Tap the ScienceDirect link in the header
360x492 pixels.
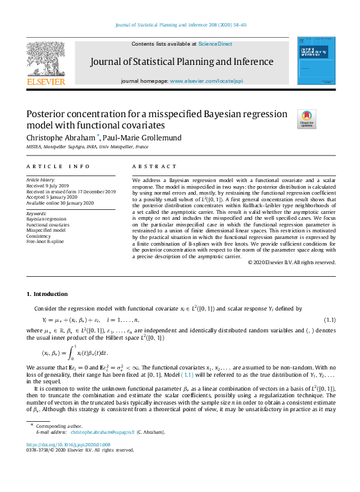(215, 44)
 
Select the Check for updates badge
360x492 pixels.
(307, 119)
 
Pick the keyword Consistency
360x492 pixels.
(38, 236)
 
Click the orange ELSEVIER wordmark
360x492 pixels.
(46, 81)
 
